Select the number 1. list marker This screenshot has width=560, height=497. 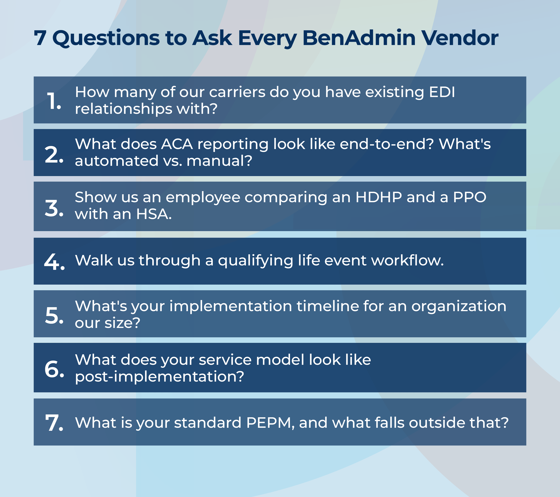[x=54, y=101]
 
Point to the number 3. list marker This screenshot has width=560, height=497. [x=54, y=208]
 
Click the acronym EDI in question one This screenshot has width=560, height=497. [x=442, y=92]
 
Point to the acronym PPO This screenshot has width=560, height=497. [x=470, y=197]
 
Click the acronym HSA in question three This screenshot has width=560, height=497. [x=154, y=214]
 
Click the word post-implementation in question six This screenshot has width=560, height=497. [x=159, y=377]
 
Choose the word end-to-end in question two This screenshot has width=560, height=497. [x=387, y=144]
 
